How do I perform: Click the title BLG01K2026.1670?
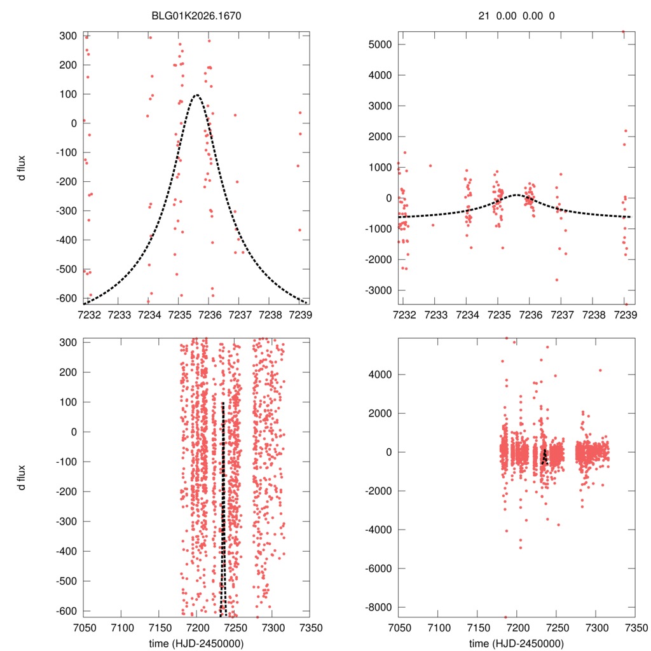tap(196, 17)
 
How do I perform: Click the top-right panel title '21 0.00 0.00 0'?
tap(516, 17)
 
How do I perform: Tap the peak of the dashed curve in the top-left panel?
tap(196, 95)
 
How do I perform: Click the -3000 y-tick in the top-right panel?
tap(379, 290)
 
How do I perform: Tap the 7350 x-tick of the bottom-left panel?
tap(310, 626)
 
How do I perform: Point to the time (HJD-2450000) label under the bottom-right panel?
tap(516, 643)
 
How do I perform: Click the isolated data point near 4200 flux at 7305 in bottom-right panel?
tap(600, 370)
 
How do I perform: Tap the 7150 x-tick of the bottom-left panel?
tap(159, 626)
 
